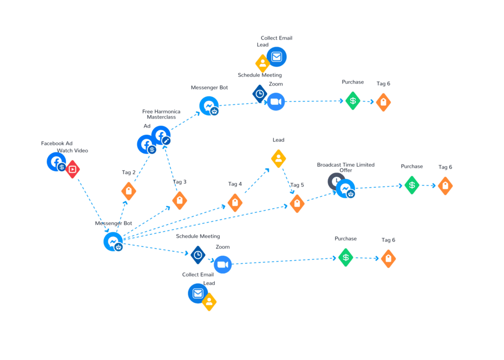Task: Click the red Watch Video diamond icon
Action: coord(73,169)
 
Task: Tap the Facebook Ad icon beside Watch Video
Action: coord(57,162)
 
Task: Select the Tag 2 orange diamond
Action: coord(128,191)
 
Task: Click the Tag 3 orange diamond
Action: coord(180,200)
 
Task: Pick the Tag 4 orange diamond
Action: coord(235,203)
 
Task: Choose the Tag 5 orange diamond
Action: coord(297,204)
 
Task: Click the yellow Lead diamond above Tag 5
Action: coord(279,159)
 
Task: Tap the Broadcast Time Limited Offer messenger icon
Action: coord(346,189)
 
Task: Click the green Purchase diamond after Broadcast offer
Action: coord(412,185)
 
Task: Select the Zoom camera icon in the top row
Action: coord(276,102)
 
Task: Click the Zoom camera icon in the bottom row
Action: coord(222,265)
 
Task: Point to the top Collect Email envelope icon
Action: coord(277,57)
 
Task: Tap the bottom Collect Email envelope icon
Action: coord(198,293)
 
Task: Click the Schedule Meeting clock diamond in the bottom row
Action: coord(198,255)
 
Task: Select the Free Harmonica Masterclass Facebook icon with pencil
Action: coord(161,135)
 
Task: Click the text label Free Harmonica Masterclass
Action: coord(161,114)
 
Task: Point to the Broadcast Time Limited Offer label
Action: coord(346,167)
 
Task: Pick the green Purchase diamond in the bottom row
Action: coord(346,258)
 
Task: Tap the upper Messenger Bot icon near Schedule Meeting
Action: coord(209,106)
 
